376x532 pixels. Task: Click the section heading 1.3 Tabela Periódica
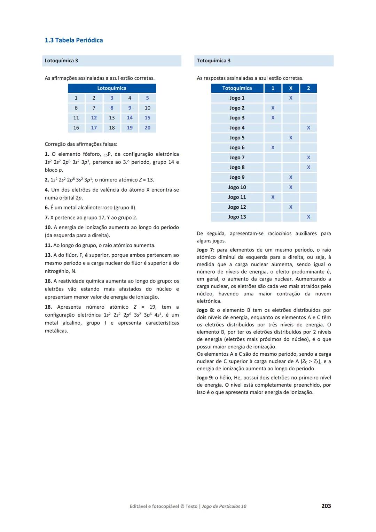pyautogui.click(x=74, y=40)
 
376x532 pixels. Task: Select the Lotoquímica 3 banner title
pyautogui.click(x=61, y=61)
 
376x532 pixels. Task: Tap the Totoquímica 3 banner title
pyautogui.click(x=213, y=61)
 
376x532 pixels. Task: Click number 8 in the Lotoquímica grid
pyautogui.click(x=112, y=108)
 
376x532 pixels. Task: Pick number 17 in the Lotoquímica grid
pyautogui.click(x=94, y=128)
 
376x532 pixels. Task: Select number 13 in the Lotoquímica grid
pyautogui.click(x=112, y=118)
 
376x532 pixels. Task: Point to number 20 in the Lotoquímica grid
pyautogui.click(x=147, y=128)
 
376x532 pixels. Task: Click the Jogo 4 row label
pyautogui.click(x=237, y=128)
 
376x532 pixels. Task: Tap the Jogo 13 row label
pyautogui.click(x=237, y=217)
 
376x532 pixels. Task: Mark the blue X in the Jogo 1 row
pyautogui.click(x=291, y=98)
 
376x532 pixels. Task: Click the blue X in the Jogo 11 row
pyautogui.click(x=273, y=197)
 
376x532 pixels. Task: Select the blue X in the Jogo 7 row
pyautogui.click(x=308, y=157)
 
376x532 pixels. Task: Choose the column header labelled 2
pyautogui.click(x=308, y=88)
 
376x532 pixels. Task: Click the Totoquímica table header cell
pyautogui.click(x=237, y=88)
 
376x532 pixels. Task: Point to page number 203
pyautogui.click(x=326, y=506)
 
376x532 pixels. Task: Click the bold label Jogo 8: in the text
pyautogui.click(x=205, y=310)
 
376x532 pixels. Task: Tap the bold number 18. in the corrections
pyautogui.click(x=48, y=307)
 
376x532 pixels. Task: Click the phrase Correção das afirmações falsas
pyautogui.click(x=81, y=144)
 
